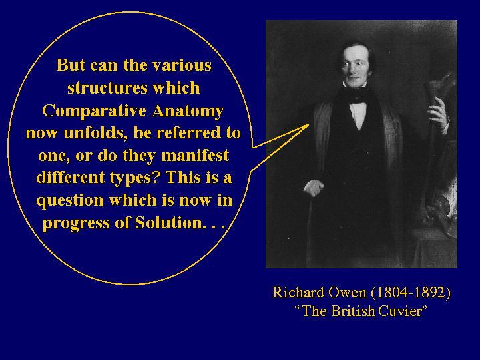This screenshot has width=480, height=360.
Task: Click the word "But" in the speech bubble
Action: coord(71,65)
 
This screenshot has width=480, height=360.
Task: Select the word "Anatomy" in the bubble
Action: coord(188,111)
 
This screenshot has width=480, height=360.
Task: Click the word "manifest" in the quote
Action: coord(195,156)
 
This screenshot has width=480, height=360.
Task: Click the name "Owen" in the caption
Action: coord(347,292)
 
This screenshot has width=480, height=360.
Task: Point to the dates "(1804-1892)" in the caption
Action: coord(411,293)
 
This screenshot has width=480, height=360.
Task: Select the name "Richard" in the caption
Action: coord(298,292)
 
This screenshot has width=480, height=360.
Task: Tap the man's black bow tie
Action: coord(358,99)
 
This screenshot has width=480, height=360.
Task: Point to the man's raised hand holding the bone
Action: coord(439,116)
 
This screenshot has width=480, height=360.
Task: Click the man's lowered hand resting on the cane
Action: coord(314,188)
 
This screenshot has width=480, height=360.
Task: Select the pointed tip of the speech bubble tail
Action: coord(309,124)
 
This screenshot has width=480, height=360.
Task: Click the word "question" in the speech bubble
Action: coord(70,201)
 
